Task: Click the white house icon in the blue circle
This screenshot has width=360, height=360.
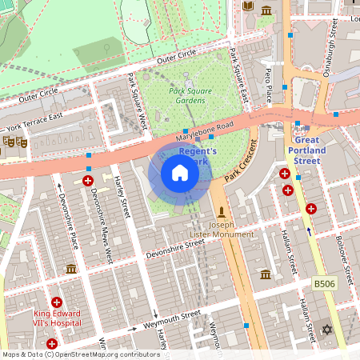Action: click(x=180, y=173)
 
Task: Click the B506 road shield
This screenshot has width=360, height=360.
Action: click(x=324, y=284)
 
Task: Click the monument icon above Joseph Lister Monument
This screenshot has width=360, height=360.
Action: click(x=222, y=213)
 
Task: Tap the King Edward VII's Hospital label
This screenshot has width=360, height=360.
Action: click(x=57, y=318)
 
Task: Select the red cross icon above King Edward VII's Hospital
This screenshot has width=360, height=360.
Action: click(x=57, y=302)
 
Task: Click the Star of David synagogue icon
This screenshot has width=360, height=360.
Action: click(x=326, y=330)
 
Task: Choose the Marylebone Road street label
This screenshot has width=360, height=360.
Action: click(x=204, y=133)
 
